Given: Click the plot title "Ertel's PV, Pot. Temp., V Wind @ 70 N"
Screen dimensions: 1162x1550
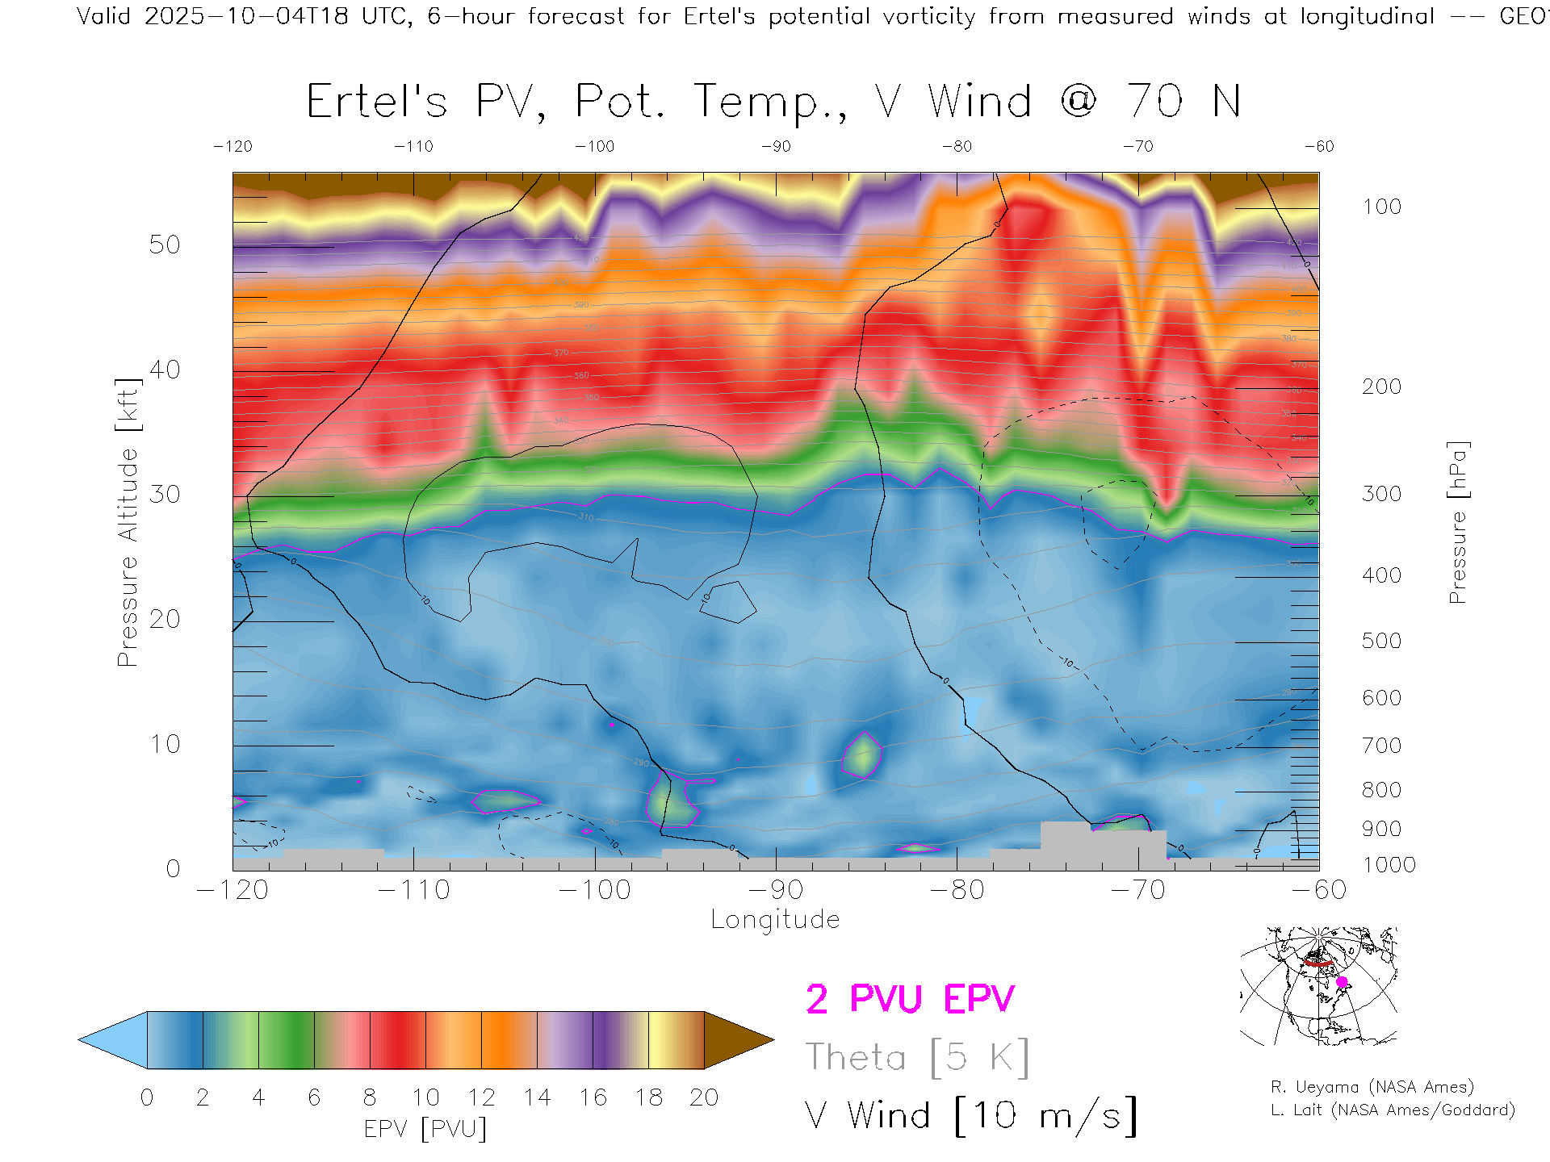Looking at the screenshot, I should pyautogui.click(x=773, y=102).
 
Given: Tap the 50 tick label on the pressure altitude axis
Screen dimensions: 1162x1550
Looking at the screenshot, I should pyautogui.click(x=165, y=245).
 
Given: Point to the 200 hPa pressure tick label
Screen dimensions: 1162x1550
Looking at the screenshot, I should pyautogui.click(x=1381, y=387).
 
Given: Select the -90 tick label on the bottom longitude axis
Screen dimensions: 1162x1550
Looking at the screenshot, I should pyautogui.click(x=776, y=889).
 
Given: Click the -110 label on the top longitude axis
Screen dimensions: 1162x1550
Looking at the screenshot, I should pyautogui.click(x=413, y=146).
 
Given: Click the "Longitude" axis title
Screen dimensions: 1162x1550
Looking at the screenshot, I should pyautogui.click(x=775, y=919).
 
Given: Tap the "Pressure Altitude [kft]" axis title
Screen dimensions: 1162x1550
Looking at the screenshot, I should pyautogui.click(x=128, y=522).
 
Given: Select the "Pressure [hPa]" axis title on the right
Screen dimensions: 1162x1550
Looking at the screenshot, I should pyautogui.click(x=1458, y=522).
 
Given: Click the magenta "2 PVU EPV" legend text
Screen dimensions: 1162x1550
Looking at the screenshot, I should pyautogui.click(x=910, y=999).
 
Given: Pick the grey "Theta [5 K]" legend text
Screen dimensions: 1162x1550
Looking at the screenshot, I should pyautogui.click(x=917, y=1057).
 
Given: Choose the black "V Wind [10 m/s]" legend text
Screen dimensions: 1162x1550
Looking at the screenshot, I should pyautogui.click(x=971, y=1116).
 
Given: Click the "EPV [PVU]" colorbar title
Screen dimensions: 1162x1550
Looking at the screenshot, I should pyautogui.click(x=425, y=1128).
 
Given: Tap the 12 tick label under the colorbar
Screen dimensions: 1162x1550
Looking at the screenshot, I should pyautogui.click(x=481, y=1097).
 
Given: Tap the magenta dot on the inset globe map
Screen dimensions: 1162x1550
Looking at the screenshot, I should pyautogui.click(x=1342, y=982).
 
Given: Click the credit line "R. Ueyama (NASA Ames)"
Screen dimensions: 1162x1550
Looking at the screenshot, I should pyautogui.click(x=1372, y=1087).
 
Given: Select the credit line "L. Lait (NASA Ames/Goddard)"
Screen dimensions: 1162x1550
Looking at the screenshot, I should pyautogui.click(x=1393, y=1110).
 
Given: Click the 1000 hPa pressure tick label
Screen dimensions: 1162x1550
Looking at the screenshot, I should pyautogui.click(x=1389, y=865).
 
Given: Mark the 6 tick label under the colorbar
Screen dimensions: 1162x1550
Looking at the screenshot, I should pyautogui.click(x=314, y=1097).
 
